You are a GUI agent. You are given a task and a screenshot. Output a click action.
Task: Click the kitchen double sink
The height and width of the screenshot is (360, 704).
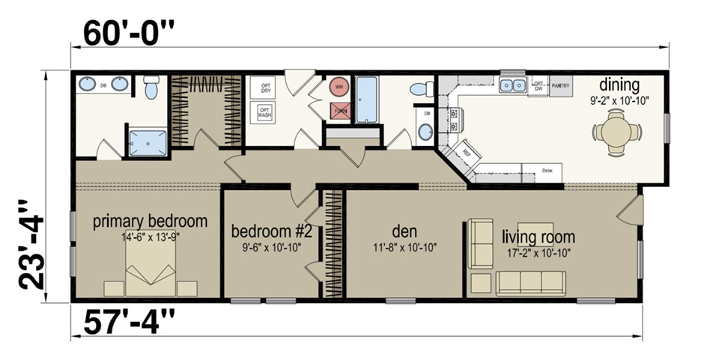[513, 86]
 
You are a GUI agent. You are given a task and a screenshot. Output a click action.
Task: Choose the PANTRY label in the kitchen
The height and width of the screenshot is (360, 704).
[560, 86]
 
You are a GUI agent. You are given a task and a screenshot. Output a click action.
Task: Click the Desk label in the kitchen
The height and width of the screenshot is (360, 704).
[547, 171]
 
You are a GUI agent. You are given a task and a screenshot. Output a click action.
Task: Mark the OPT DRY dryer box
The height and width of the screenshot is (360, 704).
[265, 88]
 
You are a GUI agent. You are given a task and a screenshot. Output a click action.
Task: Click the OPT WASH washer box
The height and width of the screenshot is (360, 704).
[264, 113]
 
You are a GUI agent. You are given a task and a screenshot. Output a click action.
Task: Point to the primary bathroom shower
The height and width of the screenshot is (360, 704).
[148, 142]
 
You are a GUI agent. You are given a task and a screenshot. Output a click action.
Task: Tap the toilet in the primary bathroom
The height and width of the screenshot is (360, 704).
[151, 88]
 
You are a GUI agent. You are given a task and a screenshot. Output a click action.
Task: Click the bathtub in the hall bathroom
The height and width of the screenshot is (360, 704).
[366, 100]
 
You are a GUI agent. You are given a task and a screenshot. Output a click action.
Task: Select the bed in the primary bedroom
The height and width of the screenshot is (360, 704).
[151, 270]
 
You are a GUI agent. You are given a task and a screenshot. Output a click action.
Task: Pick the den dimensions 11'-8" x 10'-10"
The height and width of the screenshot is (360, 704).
[404, 246]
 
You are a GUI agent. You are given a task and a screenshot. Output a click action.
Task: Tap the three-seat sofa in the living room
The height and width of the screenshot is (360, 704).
[531, 283]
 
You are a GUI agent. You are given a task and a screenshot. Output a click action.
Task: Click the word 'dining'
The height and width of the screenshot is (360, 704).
[619, 85]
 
